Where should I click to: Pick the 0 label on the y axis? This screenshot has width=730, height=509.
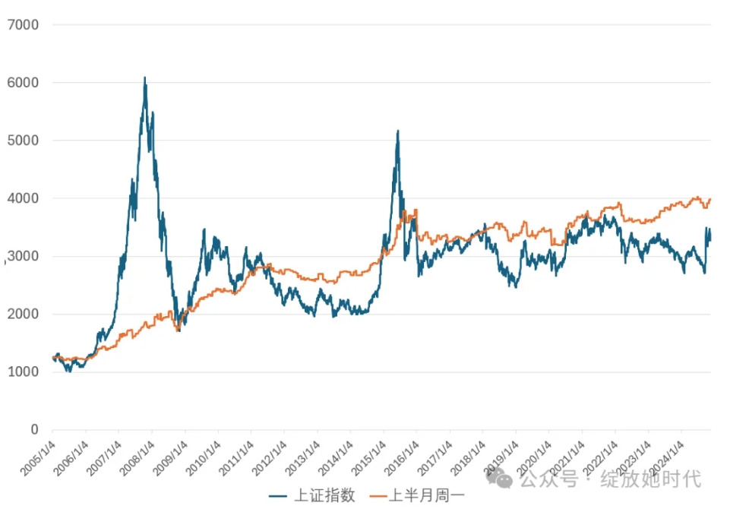tap(34, 430)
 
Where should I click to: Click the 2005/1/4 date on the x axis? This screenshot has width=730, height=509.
tap(39, 455)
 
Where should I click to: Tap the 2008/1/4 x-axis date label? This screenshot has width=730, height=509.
tap(137, 455)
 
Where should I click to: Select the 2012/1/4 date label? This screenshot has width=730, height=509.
tap(270, 455)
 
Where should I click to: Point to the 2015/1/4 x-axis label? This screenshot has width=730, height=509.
tap(368, 455)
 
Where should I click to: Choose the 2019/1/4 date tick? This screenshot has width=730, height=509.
tap(501, 455)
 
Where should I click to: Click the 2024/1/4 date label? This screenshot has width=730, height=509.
tap(665, 455)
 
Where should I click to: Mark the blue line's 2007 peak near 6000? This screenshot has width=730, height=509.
tap(145, 77)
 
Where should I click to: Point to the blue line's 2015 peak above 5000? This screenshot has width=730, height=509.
tap(397, 131)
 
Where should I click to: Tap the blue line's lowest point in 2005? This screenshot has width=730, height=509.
tap(69, 371)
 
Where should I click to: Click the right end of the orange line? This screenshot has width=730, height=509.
tap(710, 199)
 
